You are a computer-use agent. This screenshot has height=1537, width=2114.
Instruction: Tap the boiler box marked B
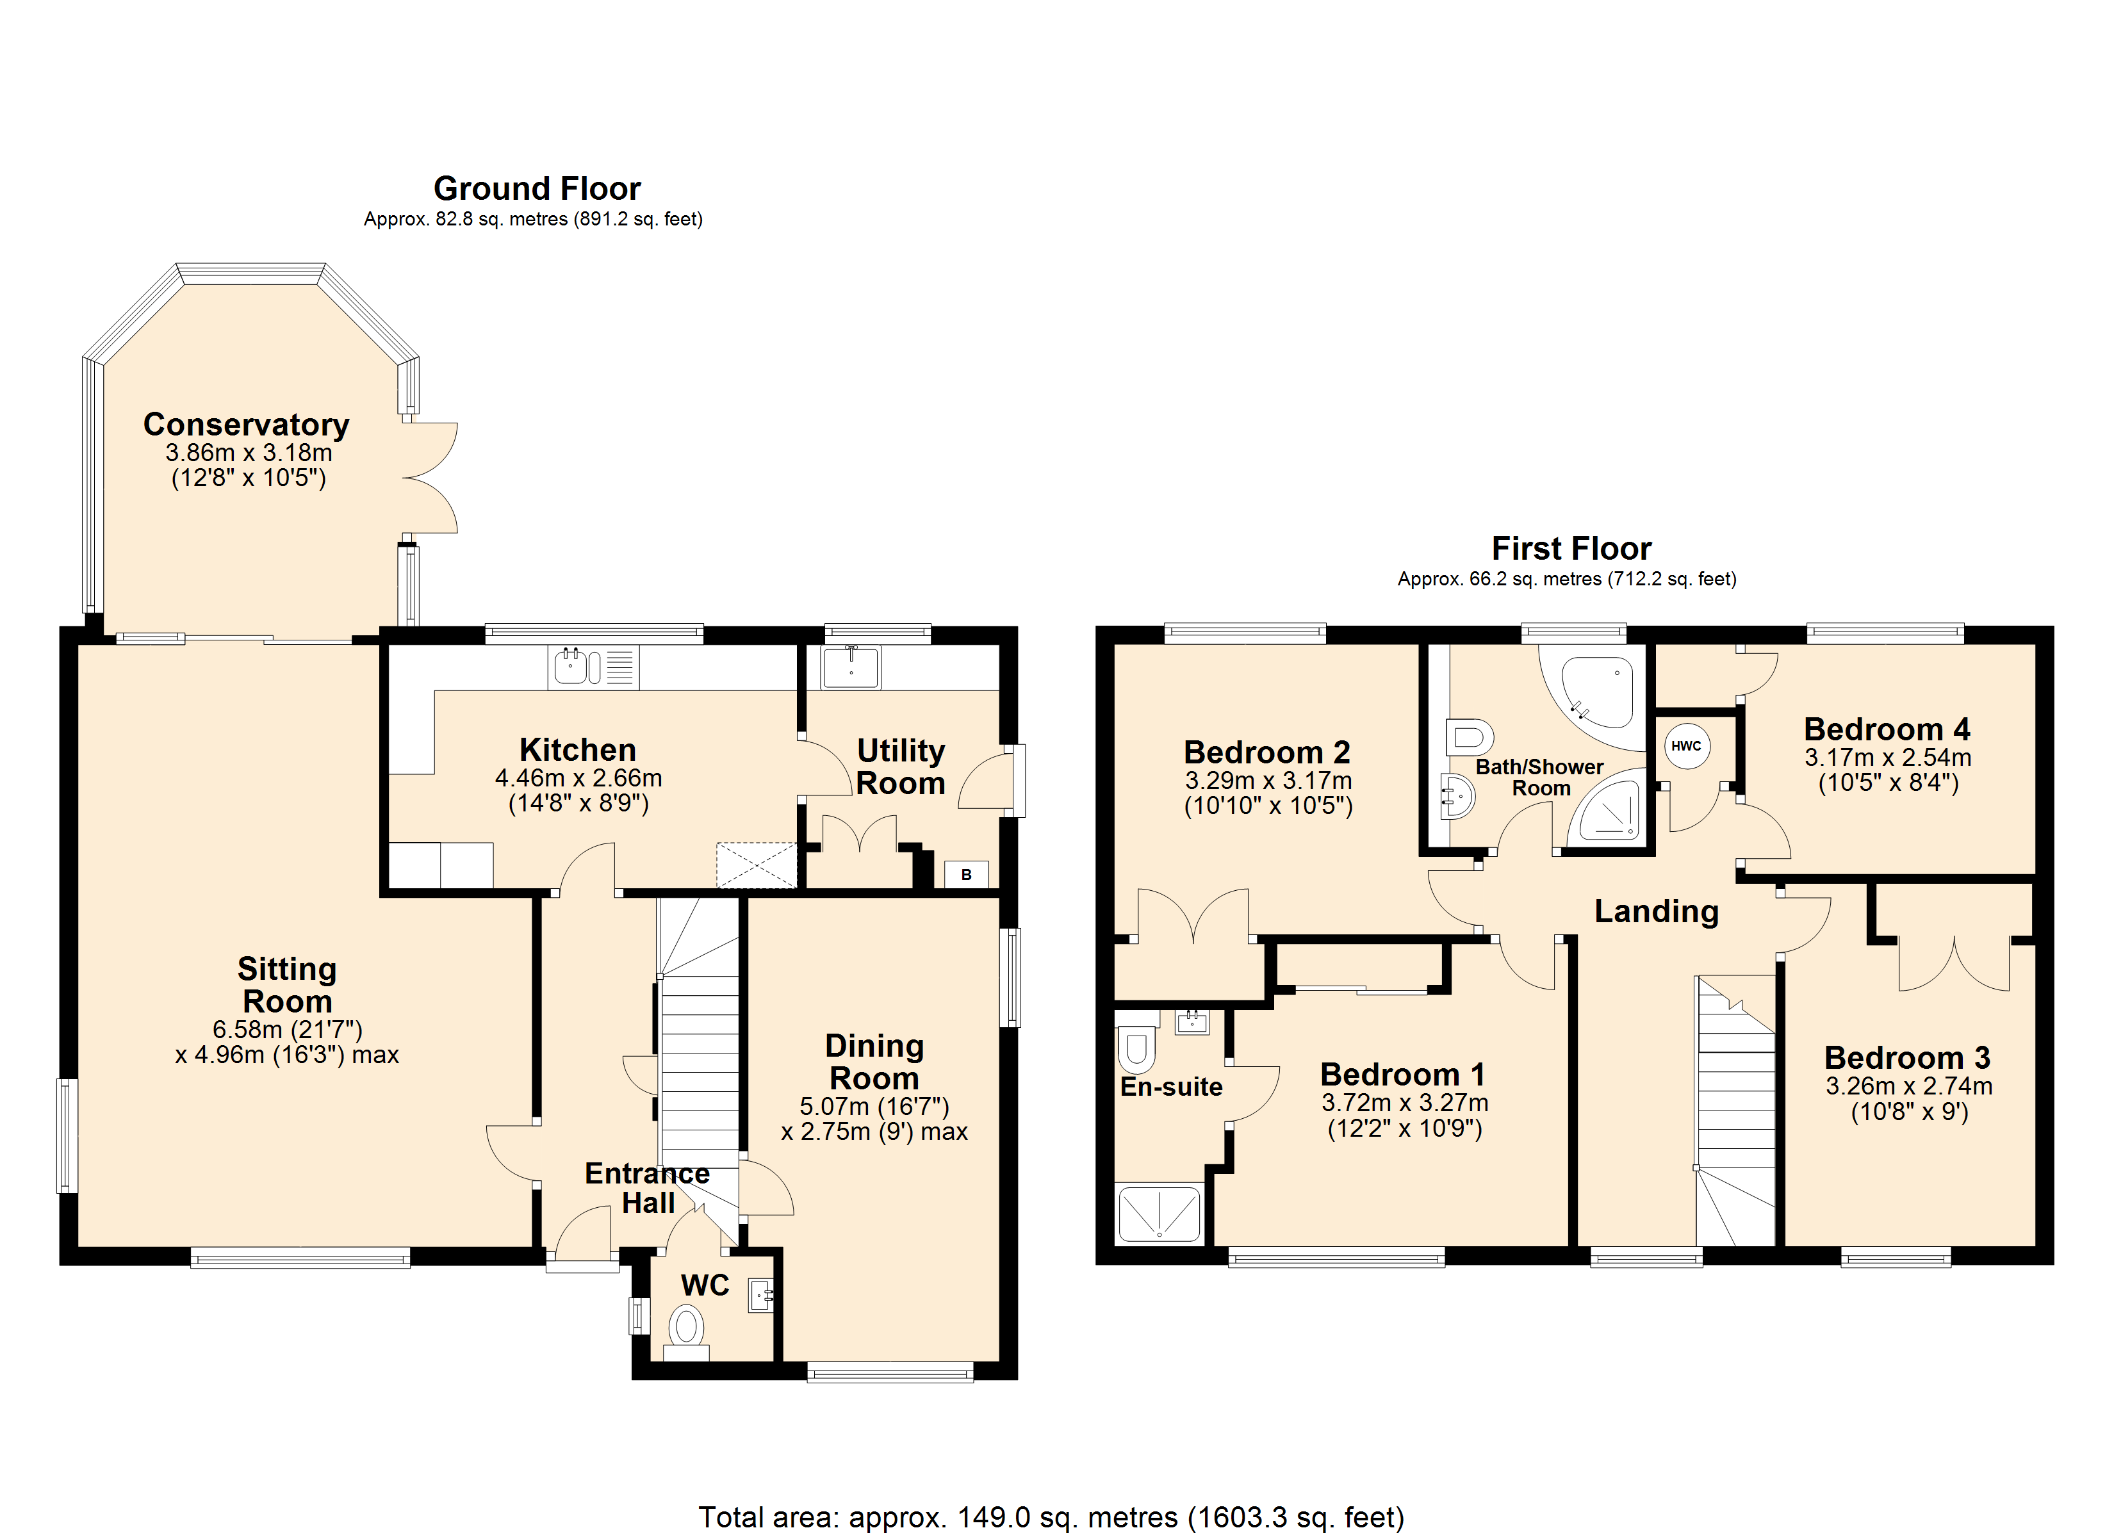[x=967, y=874]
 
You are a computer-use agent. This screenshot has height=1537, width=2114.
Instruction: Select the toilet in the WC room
[x=687, y=1333]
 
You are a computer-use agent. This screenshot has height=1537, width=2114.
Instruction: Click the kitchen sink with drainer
[x=594, y=667]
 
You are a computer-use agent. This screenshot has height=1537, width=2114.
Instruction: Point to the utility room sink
[x=850, y=667]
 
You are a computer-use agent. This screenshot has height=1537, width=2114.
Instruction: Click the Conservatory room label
[x=246, y=424]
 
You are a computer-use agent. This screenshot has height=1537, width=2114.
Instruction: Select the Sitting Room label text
[x=287, y=985]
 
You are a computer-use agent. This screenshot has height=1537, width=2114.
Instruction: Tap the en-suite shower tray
[x=1159, y=1213]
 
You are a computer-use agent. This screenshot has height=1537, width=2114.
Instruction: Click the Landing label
[x=1657, y=911]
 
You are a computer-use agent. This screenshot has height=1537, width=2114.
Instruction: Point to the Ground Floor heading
[x=537, y=188]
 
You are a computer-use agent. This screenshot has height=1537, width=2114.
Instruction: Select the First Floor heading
[x=1571, y=548]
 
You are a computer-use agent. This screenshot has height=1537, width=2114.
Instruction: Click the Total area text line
[x=1051, y=1517]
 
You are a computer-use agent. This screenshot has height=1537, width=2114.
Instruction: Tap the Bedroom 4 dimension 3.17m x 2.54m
[x=1887, y=757]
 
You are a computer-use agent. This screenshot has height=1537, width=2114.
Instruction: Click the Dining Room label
[x=874, y=1062]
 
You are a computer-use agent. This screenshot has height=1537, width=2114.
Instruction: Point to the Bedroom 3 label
[x=1907, y=1057]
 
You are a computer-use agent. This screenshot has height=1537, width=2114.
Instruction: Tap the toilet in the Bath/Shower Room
[x=1469, y=736]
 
